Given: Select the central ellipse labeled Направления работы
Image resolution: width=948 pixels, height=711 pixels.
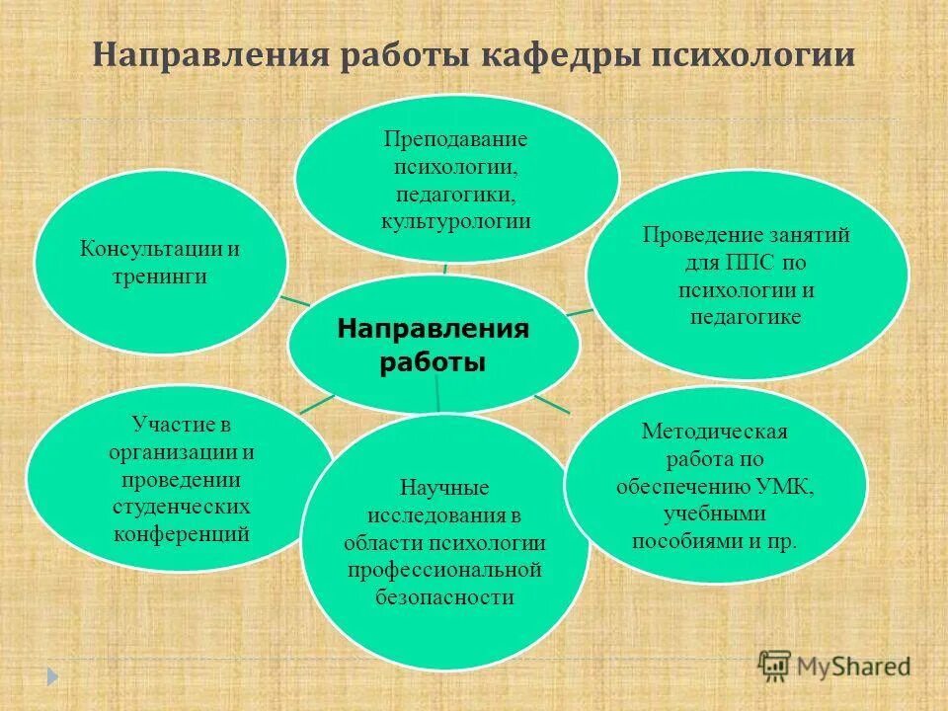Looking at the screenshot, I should coord(434,345).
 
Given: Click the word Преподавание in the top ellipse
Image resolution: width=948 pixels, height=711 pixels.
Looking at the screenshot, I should coord(456,138).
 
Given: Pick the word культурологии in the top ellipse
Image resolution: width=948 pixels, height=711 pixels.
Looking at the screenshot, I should coord(456,220).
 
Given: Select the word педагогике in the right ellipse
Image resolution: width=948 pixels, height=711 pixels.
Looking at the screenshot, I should coord(748,317).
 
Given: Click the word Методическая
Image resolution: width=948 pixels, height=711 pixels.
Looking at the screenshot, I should coord(714,432).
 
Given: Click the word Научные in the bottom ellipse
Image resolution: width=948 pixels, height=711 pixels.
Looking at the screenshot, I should coord(444,488).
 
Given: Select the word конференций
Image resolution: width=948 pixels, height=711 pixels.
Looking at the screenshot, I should coord(182,534).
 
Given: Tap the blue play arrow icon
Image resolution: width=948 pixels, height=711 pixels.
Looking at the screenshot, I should coord(53,675).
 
